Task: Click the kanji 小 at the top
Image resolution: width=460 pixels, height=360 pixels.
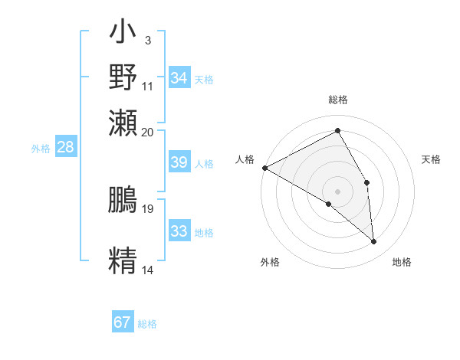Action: (123, 34)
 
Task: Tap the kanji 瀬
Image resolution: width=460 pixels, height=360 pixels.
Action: (123, 122)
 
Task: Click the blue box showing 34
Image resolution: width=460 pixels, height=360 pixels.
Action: (179, 78)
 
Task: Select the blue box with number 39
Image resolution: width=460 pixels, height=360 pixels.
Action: (179, 162)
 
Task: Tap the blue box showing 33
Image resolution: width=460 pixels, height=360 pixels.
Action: (179, 231)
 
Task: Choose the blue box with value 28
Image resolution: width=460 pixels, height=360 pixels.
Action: (65, 148)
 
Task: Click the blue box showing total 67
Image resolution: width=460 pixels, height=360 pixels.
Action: (123, 322)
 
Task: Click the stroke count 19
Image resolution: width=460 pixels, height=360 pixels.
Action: (148, 208)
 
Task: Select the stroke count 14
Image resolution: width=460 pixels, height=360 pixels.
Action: (147, 270)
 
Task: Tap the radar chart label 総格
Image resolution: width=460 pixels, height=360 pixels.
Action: (338, 100)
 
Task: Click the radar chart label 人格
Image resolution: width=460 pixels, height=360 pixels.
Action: (245, 159)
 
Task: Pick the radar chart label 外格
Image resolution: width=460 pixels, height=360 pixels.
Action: (270, 262)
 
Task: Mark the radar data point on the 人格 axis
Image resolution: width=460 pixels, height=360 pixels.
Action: (264, 168)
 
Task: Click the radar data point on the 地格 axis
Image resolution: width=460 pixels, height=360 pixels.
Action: (374, 241)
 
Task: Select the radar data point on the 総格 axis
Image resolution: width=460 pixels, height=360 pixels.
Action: (338, 131)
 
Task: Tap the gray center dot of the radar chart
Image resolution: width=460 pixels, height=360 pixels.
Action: (338, 191)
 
